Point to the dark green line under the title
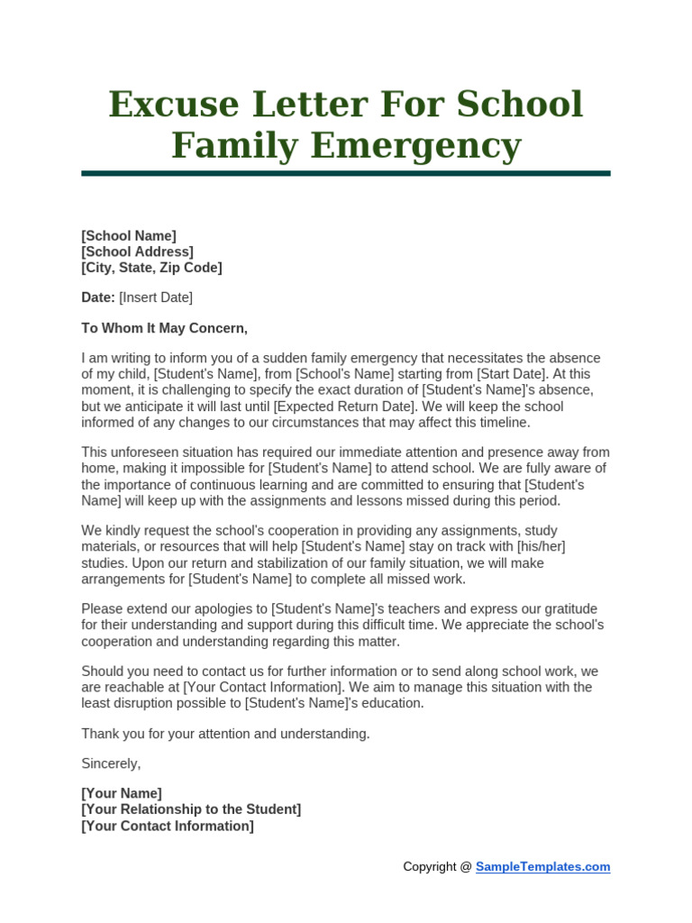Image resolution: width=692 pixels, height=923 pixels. coord(346,173)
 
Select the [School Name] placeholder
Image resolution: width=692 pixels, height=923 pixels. coord(129,236)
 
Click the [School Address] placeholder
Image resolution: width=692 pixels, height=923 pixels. coord(137,252)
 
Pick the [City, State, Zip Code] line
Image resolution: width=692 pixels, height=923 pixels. coord(151,268)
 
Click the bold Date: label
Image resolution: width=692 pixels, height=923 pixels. coord(98,297)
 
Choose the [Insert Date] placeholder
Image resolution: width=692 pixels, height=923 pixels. coord(156,297)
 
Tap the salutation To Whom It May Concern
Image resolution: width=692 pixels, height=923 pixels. coord(164,328)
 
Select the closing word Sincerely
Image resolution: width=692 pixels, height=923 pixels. coord(111,763)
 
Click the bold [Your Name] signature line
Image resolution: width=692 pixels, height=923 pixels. coord(122,794)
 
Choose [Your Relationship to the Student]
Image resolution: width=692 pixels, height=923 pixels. coord(191,809)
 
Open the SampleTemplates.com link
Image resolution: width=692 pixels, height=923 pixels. coord(542,867)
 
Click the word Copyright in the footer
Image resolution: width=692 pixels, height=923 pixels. coord(430,867)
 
